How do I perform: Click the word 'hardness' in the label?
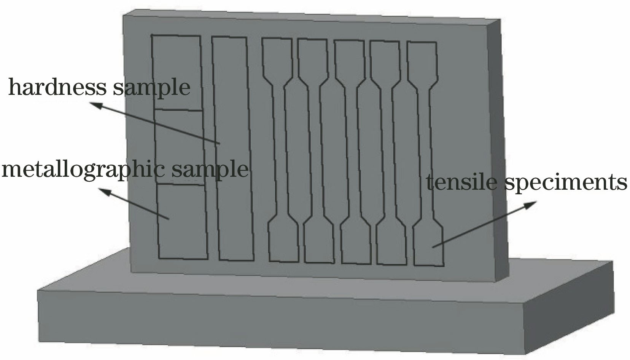click(x=57, y=87)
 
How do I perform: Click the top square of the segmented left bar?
click(x=177, y=72)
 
